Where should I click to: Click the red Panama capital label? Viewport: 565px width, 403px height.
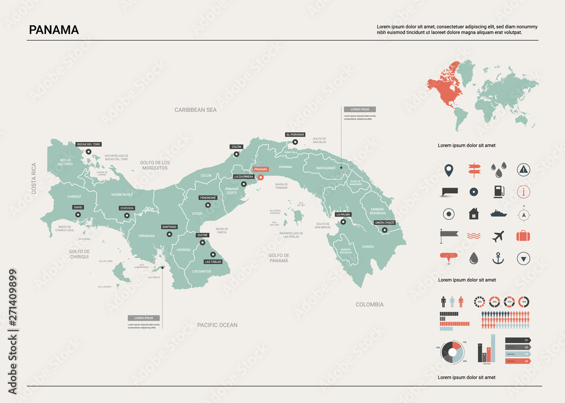click(260, 169)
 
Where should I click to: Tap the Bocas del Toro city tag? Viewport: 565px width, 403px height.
click(89, 144)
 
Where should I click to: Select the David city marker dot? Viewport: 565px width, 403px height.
click(78, 214)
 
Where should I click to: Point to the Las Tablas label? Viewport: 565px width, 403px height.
click(213, 262)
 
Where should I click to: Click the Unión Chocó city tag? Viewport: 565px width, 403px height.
click(384, 223)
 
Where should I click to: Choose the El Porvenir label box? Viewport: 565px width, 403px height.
click(295, 135)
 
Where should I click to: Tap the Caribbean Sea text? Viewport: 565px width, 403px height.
click(195, 110)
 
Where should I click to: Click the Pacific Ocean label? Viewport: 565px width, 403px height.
click(218, 325)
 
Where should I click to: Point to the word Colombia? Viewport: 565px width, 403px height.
click(370, 305)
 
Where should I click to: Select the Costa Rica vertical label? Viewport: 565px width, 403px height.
click(34, 179)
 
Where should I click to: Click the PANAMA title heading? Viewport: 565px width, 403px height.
click(54, 30)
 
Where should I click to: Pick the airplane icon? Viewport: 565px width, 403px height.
click(498, 236)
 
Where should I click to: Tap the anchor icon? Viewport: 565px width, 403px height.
click(498, 259)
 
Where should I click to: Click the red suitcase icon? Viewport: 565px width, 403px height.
click(524, 236)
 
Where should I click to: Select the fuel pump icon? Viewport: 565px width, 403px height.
click(498, 191)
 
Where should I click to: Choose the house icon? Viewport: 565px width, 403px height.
click(473, 214)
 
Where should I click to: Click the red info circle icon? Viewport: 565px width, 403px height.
click(524, 191)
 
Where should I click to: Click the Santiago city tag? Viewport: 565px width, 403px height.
click(169, 227)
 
